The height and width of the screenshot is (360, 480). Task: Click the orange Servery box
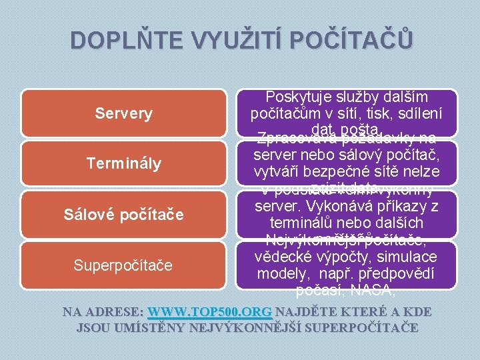[x=123, y=113]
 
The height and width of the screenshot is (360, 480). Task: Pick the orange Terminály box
[x=123, y=163]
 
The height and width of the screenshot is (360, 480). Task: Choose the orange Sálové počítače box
[x=123, y=215]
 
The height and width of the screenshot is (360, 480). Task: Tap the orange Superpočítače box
[x=123, y=265]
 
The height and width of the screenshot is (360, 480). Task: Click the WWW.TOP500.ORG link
[x=210, y=312]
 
